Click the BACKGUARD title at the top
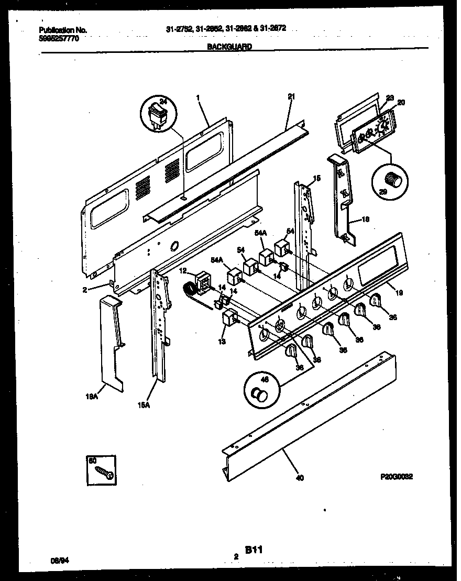click(x=229, y=46)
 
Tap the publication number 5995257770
click(x=59, y=39)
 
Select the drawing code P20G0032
click(x=397, y=477)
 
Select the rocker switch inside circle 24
click(x=158, y=115)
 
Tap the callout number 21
click(x=292, y=96)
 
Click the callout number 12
click(x=183, y=270)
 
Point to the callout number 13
click(x=222, y=341)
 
